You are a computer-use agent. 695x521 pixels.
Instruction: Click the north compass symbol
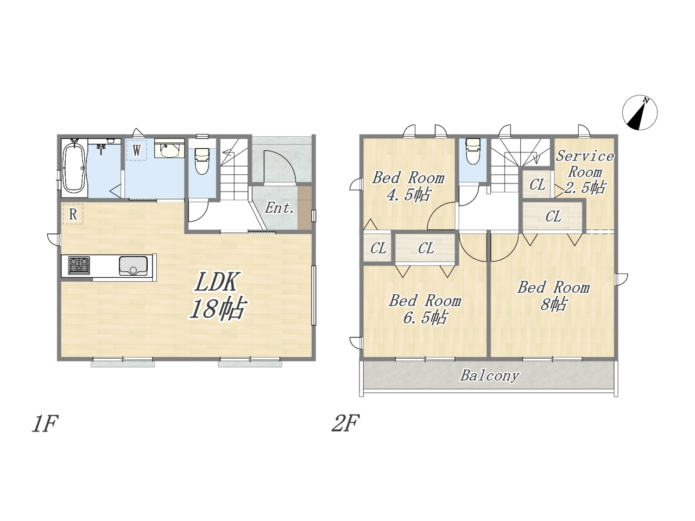click(x=640, y=112)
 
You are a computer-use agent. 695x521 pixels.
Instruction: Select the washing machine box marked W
click(x=136, y=150)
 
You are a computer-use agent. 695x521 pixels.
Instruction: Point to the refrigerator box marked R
click(x=73, y=214)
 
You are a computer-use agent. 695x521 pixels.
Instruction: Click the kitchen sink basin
click(x=133, y=266)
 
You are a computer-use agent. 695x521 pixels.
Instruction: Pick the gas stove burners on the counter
click(x=79, y=265)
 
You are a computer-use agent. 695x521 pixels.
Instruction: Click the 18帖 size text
click(x=217, y=308)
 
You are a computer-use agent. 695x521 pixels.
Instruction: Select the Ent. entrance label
click(x=279, y=208)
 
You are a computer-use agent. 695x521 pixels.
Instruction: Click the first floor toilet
click(x=203, y=161)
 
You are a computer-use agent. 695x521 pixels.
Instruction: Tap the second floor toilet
click(x=473, y=151)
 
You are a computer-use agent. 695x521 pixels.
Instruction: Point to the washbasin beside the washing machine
click(x=169, y=150)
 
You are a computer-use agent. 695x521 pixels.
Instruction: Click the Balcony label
click(x=490, y=376)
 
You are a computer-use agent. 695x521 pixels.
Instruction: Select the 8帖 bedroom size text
click(x=553, y=305)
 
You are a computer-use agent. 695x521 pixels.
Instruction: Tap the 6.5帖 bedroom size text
click(x=425, y=317)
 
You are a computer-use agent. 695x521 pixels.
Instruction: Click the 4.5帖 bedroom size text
click(x=408, y=195)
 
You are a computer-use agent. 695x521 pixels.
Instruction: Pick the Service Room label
click(x=585, y=164)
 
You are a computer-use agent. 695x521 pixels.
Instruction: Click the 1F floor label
click(x=45, y=424)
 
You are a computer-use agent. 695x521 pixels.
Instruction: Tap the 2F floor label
click(x=345, y=424)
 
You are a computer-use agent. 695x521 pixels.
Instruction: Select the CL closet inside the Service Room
click(x=538, y=185)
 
